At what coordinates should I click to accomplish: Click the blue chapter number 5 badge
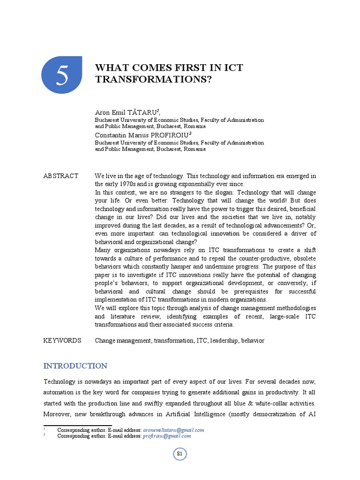point(62,75)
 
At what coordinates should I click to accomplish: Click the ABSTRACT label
point(61,176)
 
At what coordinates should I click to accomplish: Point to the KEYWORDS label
point(62,340)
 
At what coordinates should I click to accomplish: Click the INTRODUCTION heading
point(75,366)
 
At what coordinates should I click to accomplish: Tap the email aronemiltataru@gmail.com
point(174,430)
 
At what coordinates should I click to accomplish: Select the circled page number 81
point(180,454)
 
